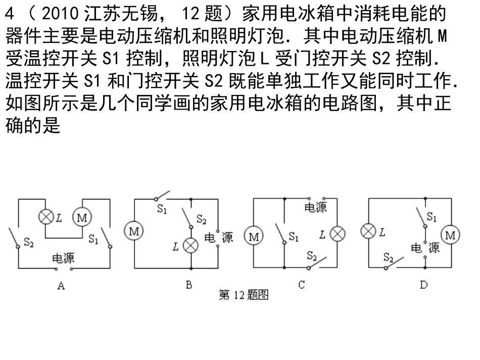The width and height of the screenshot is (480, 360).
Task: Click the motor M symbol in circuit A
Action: [82, 217]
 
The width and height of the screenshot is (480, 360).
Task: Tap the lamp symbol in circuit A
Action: [46, 217]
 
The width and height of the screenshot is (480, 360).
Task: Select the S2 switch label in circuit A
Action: [28, 242]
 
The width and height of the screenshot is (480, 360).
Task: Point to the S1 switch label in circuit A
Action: [93, 239]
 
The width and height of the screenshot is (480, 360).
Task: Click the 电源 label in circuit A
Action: [63, 258]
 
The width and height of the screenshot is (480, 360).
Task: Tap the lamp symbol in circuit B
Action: [190, 245]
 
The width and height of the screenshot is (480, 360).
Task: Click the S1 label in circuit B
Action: [162, 209]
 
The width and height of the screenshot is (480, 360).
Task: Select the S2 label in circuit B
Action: [202, 219]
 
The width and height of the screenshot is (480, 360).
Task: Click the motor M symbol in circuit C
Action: [254, 236]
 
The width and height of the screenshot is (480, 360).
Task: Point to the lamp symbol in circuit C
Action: [338, 234]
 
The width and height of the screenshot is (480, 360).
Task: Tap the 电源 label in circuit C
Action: [316, 208]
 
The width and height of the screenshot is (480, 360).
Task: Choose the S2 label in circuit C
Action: [312, 255]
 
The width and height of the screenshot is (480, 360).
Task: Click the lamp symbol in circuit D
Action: [368, 231]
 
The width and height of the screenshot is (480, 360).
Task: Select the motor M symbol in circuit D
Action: [450, 235]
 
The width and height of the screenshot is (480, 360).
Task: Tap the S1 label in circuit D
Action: [431, 217]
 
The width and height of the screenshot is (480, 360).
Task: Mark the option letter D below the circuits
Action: [424, 285]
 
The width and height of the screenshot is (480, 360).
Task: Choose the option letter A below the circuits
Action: [61, 286]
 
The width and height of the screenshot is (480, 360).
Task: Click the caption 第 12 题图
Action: [244, 295]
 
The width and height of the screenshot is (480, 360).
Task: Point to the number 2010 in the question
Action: [60, 14]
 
